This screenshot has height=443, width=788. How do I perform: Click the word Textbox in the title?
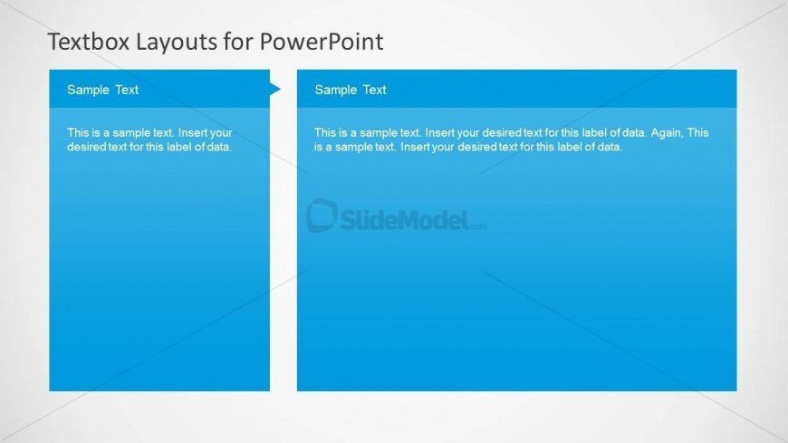tap(83, 42)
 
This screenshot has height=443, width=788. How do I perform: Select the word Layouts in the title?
tap(164, 42)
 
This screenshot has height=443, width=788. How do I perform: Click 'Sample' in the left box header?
tap(87, 90)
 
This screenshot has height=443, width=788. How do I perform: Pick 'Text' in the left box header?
tap(127, 90)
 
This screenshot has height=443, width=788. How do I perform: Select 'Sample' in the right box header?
tap(335, 90)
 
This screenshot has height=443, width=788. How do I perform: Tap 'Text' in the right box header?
tap(375, 90)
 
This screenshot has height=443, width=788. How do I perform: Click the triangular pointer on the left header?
tap(275, 89)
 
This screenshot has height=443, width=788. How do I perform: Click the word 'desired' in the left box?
tap(87, 146)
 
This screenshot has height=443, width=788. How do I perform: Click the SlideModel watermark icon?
tap(322, 216)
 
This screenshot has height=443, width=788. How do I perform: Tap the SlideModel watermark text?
tap(403, 217)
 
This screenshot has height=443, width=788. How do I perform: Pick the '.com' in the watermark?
tap(477, 226)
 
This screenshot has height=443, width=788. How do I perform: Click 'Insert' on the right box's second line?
tap(414, 146)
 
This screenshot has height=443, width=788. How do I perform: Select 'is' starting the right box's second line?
tap(319, 146)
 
